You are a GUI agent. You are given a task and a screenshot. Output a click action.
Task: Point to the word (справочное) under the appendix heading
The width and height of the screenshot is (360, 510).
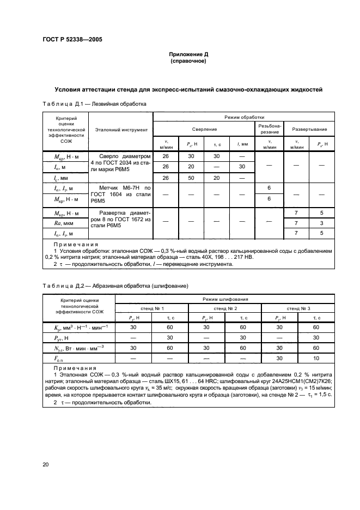pos(188,61)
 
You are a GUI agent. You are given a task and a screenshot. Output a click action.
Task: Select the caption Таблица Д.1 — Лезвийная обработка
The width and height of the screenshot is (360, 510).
pos(92,104)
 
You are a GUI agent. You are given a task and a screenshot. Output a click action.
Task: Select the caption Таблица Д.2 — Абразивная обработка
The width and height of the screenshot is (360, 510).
pos(115,286)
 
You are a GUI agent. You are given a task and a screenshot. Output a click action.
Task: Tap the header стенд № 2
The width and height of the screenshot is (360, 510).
pos(225,309)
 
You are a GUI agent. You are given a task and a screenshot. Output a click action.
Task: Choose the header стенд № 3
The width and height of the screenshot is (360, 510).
pos(301,309)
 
